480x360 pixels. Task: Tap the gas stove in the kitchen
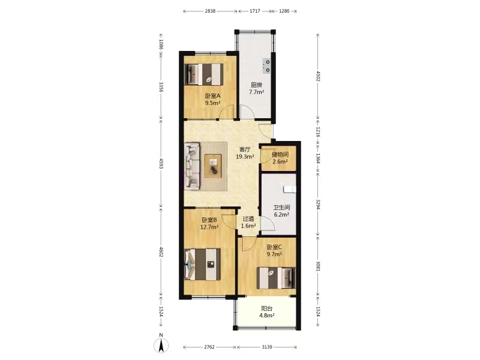pyautogui.click(x=266, y=66)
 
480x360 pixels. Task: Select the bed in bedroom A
pyautogui.click(x=203, y=74)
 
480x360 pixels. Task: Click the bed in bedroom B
pyautogui.click(x=202, y=264)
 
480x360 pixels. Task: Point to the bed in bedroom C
pyautogui.click(x=276, y=278)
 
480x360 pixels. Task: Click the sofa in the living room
pyautogui.click(x=192, y=166)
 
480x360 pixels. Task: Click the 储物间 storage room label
pyautogui.click(x=280, y=155)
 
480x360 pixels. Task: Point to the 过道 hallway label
pyautogui.click(x=248, y=219)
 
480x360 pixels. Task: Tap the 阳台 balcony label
pyautogui.click(x=266, y=308)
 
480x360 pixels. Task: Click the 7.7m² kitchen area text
pyautogui.click(x=257, y=92)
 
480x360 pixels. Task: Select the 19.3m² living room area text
pyautogui.click(x=245, y=157)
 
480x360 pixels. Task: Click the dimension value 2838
pyautogui.click(x=210, y=11)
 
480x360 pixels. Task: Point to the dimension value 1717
pyautogui.click(x=254, y=11)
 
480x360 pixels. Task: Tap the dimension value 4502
pyautogui.click(x=318, y=76)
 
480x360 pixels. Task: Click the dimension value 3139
pyautogui.click(x=267, y=347)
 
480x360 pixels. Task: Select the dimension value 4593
pyautogui.click(x=161, y=163)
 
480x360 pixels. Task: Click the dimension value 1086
pyautogui.click(x=161, y=46)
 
